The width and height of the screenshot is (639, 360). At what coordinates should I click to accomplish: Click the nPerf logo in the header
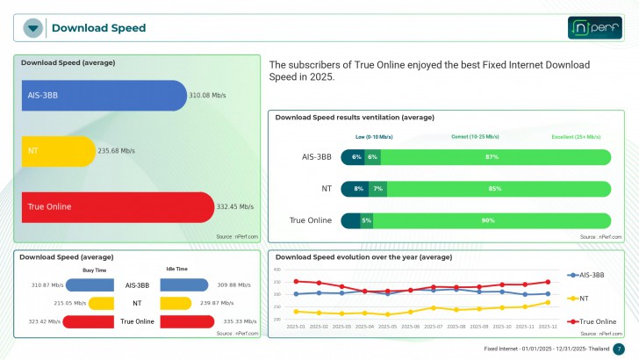[595, 27]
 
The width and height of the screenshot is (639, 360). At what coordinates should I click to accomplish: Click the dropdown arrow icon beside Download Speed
[33, 28]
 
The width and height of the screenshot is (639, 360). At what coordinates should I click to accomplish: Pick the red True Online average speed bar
[116, 207]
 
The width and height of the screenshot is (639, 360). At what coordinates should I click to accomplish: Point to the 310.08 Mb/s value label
[208, 95]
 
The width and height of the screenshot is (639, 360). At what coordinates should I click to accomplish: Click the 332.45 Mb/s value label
[235, 207]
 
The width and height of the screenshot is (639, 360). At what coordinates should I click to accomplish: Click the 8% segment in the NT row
[359, 189]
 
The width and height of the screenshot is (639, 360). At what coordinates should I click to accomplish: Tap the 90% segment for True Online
[487, 220]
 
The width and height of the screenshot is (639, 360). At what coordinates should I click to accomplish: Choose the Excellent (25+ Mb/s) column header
[576, 137]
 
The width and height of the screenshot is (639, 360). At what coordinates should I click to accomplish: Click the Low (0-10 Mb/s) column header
[374, 137]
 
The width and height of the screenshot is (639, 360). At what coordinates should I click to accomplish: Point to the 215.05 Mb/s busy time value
[69, 303]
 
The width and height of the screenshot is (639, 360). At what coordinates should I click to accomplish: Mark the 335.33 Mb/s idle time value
[237, 321]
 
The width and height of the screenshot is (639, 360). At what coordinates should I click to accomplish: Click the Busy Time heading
[95, 270]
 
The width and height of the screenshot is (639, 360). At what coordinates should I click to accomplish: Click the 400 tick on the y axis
[276, 270]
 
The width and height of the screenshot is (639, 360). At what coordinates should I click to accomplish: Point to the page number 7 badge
[619, 349]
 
